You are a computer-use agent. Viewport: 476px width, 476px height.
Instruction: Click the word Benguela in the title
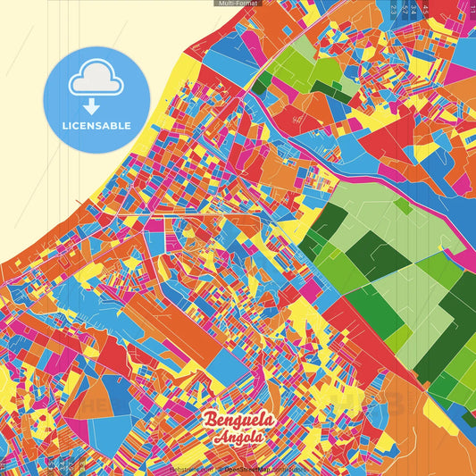pyautogui.click(x=239, y=420)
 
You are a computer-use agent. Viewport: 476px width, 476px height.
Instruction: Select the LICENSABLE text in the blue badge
pyautogui.click(x=96, y=126)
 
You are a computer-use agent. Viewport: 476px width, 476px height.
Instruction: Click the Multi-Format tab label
pyautogui.click(x=237, y=4)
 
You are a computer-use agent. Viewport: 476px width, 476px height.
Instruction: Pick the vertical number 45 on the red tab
pyautogui.click(x=425, y=9)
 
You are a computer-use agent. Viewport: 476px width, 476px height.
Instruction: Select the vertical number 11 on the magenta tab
pyautogui.click(x=471, y=9)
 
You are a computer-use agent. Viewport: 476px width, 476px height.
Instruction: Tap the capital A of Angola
pyautogui.click(x=219, y=437)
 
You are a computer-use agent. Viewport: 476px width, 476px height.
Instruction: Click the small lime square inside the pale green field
pyautogui.click(x=404, y=206)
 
